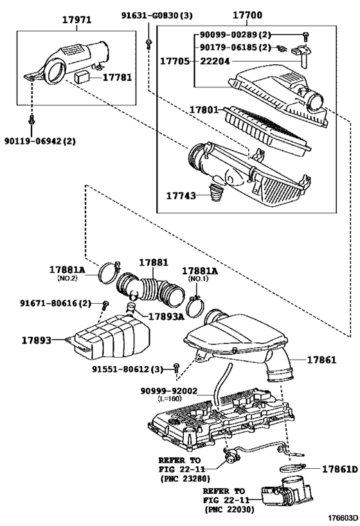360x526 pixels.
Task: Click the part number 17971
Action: [76, 19]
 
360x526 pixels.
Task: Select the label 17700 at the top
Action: [248, 15]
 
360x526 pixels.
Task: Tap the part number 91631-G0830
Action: [152, 15]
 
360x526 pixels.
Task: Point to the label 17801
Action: [204, 110]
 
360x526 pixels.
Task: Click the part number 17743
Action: [181, 195]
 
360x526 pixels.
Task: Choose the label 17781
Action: [117, 78]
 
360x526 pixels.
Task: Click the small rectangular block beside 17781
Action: [82, 77]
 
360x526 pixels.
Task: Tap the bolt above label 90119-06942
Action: [32, 121]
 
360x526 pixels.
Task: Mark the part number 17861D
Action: [340, 469]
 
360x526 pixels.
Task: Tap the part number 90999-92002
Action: [169, 391]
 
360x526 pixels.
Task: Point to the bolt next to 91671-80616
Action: [105, 305]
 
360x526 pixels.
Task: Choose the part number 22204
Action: [215, 61]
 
